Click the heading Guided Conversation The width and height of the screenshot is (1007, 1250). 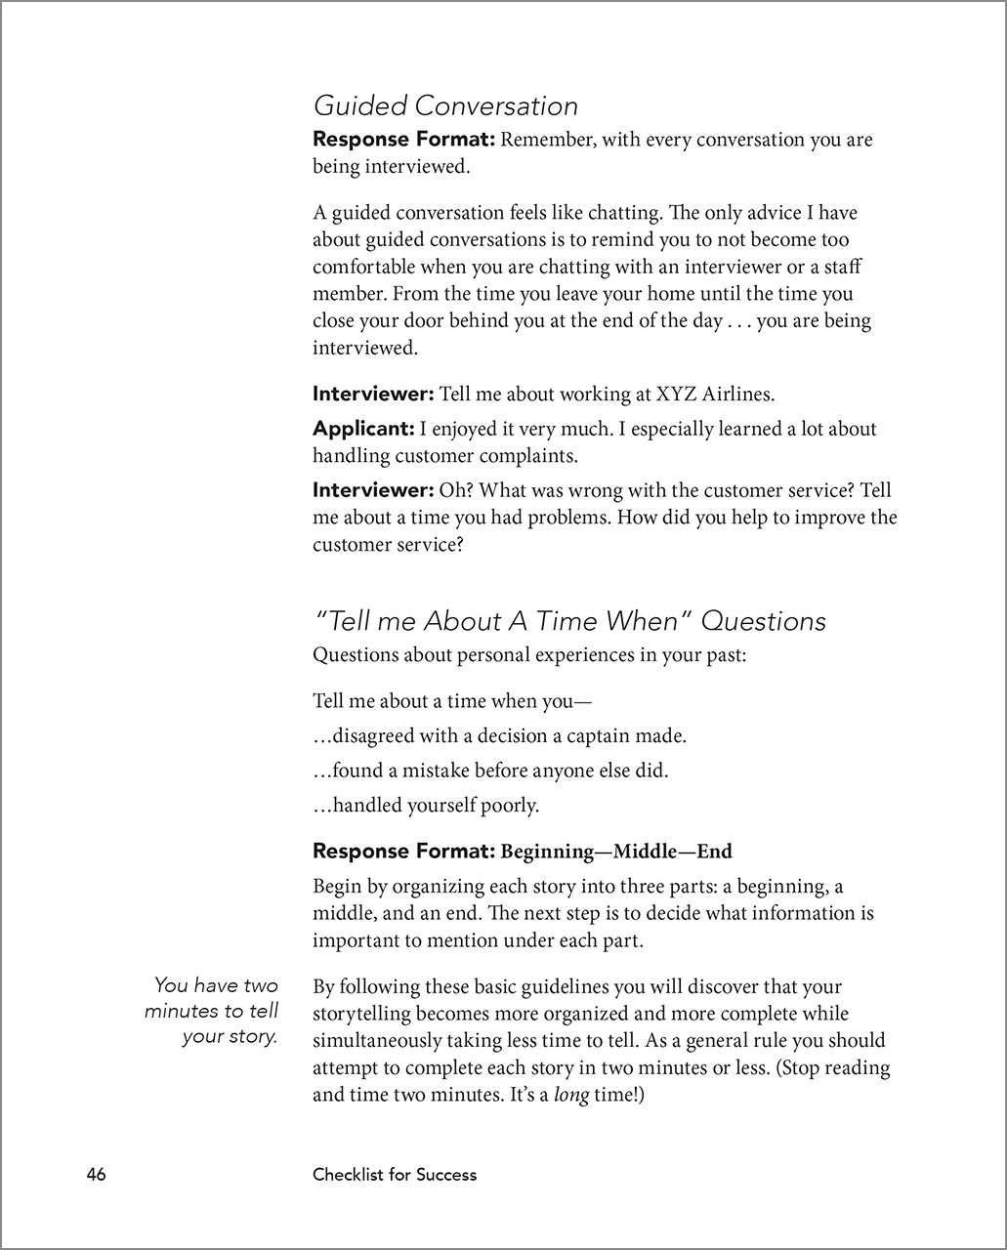(x=445, y=105)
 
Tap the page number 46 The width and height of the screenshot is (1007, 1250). (x=96, y=1174)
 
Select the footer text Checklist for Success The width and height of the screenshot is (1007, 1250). (x=395, y=1175)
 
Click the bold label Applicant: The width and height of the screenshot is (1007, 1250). (x=363, y=429)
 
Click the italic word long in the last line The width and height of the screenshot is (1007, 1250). (x=571, y=1095)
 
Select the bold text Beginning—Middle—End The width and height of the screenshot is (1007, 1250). (x=616, y=852)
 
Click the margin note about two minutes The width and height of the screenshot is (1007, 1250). (x=212, y=1011)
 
